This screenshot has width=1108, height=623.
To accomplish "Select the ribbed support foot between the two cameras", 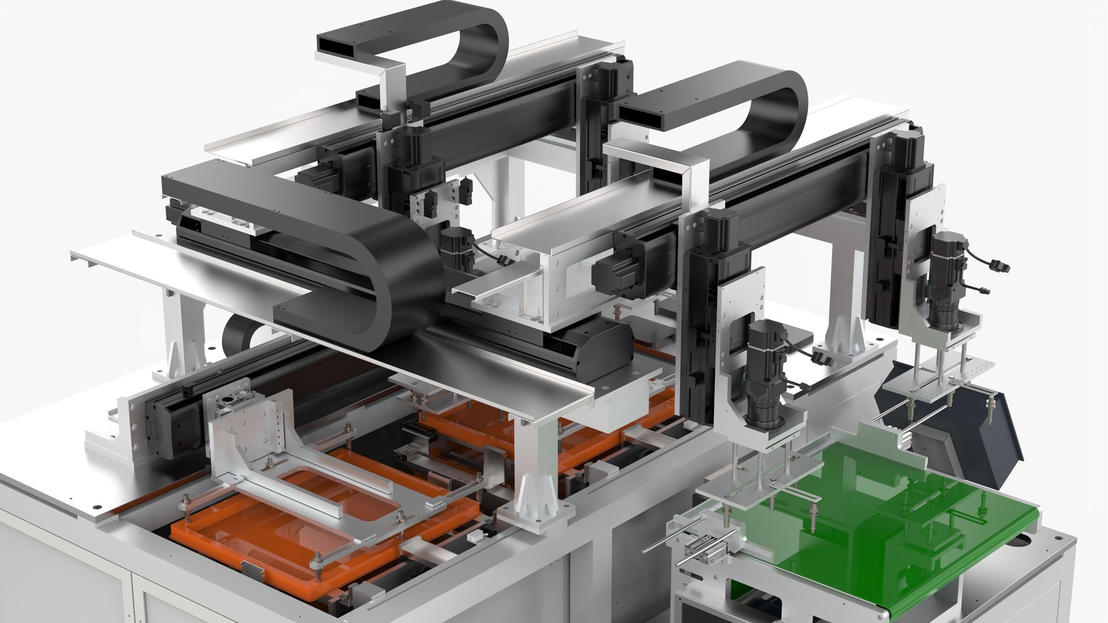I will point(843,340).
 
